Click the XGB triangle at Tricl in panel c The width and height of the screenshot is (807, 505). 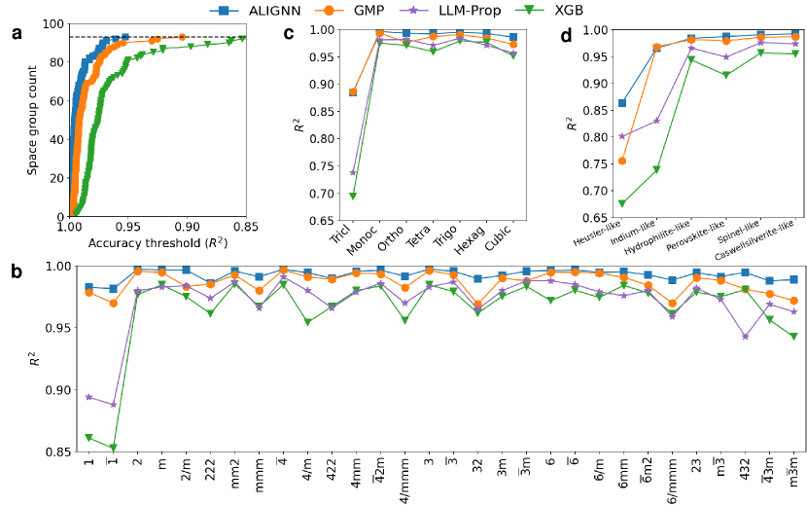(x=353, y=196)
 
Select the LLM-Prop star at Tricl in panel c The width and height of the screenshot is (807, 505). (x=353, y=172)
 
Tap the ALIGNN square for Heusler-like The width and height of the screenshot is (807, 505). (x=622, y=103)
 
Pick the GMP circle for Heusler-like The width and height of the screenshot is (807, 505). (x=622, y=161)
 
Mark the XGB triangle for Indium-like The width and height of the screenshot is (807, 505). (x=656, y=169)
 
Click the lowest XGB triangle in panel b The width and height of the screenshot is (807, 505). (x=114, y=448)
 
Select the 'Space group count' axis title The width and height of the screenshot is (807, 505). (x=32, y=120)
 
